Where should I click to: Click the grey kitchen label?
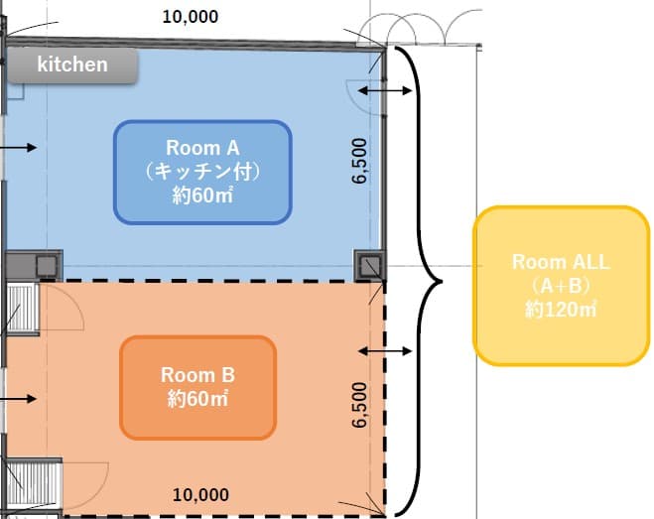72,65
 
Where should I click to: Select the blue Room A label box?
202,171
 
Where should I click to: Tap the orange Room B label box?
196,387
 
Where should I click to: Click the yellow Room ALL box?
562,286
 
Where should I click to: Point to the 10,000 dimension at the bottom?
201,494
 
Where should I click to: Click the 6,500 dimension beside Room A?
359,161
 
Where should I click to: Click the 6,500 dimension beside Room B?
359,404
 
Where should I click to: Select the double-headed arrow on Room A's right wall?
383,91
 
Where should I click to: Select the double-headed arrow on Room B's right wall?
383,351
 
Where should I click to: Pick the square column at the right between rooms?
369,265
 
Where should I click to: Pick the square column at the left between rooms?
47,265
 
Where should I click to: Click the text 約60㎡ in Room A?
202,194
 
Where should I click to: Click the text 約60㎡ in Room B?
196,399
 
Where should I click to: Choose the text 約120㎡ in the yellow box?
562,310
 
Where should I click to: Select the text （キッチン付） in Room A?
202,171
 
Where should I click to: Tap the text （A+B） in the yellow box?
562,286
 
